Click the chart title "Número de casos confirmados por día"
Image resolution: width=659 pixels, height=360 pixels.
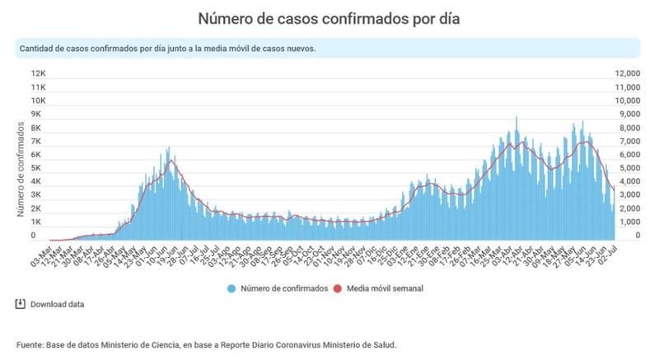tap(329, 17)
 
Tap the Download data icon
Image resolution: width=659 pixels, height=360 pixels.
tap(21, 304)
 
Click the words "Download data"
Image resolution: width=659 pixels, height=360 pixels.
tap(57, 305)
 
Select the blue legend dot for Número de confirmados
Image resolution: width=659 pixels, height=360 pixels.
tap(231, 288)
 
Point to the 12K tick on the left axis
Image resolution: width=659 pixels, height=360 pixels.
tap(38, 72)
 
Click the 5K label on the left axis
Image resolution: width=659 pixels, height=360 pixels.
tap(38, 168)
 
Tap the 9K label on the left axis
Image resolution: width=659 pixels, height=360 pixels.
tap(38, 114)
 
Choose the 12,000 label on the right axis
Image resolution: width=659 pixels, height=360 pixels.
tap(628, 73)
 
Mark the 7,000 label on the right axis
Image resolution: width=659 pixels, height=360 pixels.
tap(628, 141)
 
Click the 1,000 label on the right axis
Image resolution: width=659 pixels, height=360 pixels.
tap(628, 222)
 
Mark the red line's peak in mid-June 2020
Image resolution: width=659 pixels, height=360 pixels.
tap(171, 161)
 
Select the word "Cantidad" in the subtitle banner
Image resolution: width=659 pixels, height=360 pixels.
tap(37, 48)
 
